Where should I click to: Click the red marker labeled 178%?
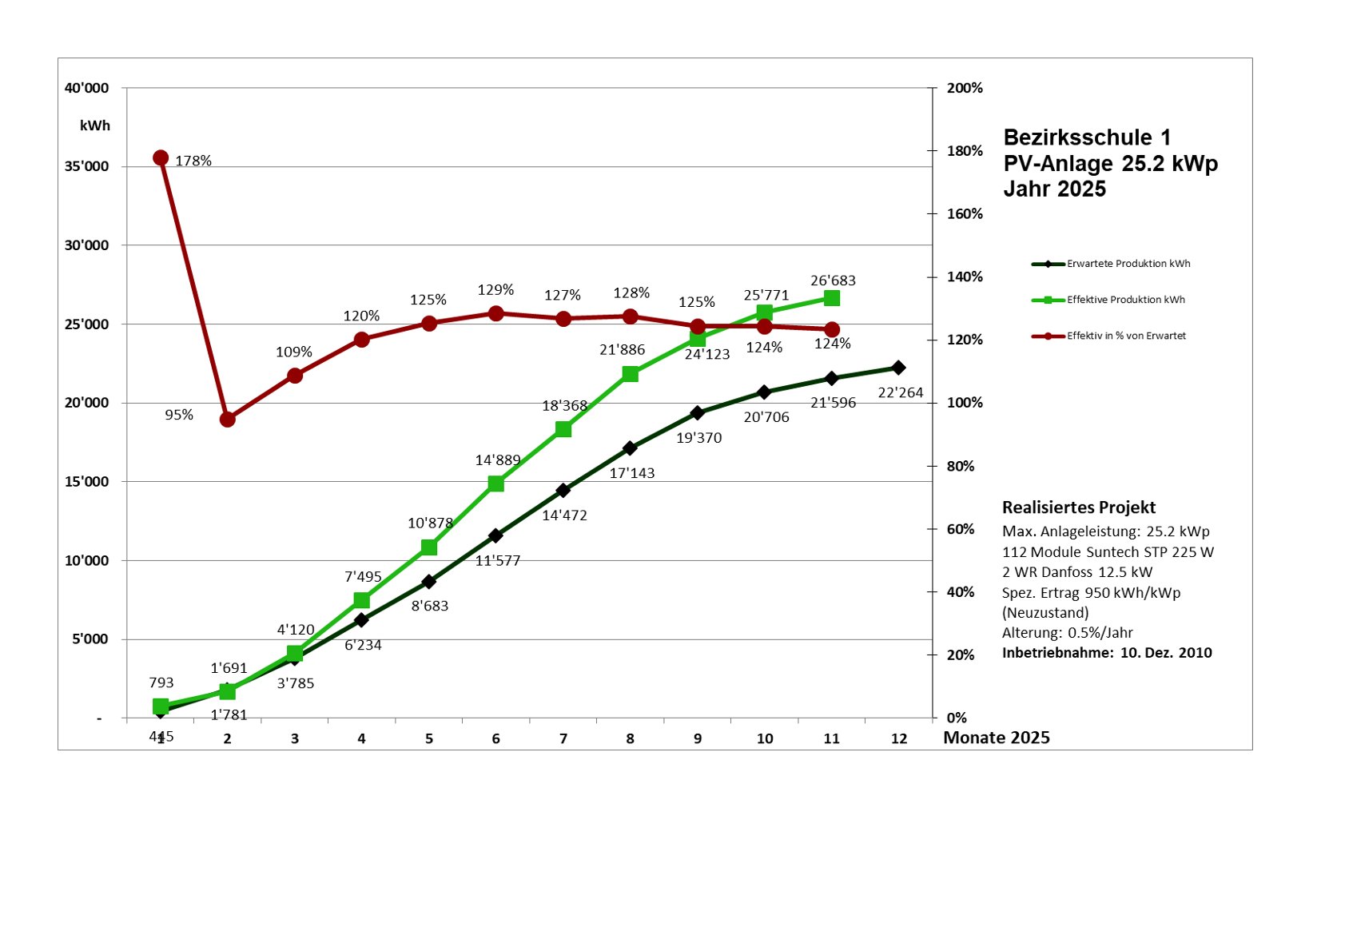coord(161,157)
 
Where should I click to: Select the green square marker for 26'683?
coord(832,298)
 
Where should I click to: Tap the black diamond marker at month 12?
coord(898,368)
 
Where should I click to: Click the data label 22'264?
coord(901,392)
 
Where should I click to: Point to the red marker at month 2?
coord(228,419)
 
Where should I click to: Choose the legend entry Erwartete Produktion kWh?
coord(1128,264)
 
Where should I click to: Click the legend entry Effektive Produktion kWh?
coord(1125,300)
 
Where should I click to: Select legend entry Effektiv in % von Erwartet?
coord(1126,336)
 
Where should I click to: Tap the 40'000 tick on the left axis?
coord(86,88)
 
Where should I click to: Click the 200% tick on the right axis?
coord(965,88)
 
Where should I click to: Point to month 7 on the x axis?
coord(563,738)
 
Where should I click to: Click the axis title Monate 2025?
coord(997,738)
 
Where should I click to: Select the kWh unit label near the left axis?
coord(95,125)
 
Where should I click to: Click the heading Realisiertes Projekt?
coord(1079,507)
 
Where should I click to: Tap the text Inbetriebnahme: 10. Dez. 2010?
coord(1107,653)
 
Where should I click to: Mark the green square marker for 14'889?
coord(496,483)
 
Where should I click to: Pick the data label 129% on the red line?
coord(495,290)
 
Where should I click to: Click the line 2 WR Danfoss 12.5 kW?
coord(1077,572)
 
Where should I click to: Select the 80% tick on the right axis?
coord(961,466)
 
